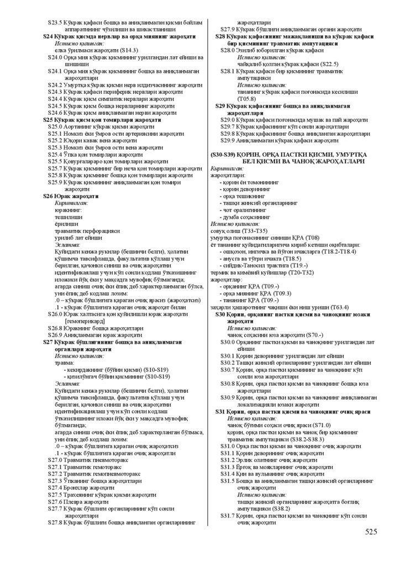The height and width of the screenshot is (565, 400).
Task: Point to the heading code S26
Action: [x=49, y=195]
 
